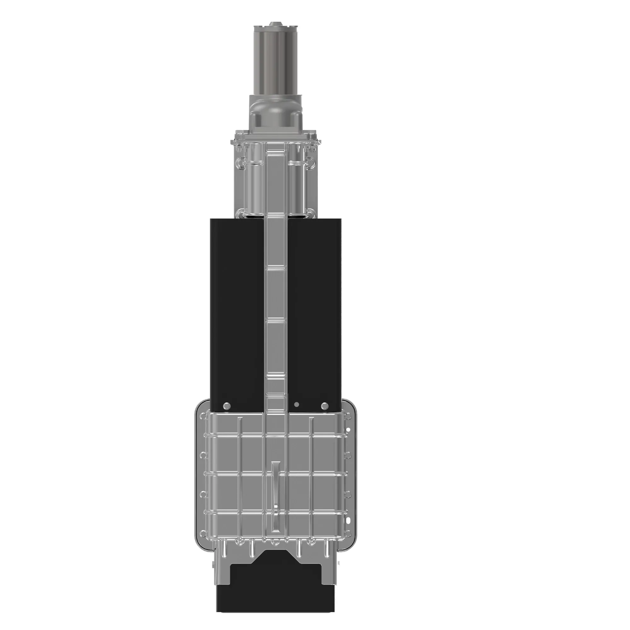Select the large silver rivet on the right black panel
click(x=325, y=406)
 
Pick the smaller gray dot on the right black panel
click(x=296, y=405)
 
